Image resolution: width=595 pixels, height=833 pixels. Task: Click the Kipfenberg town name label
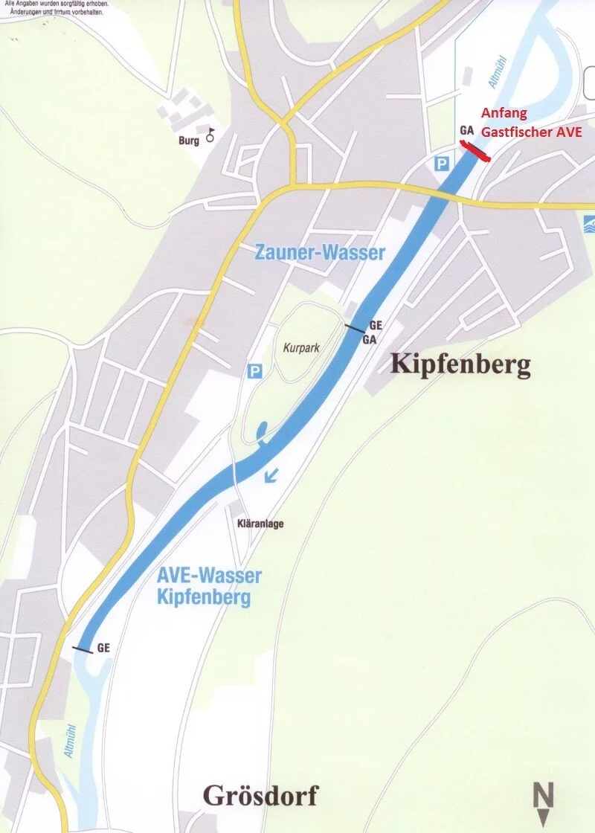click(460, 364)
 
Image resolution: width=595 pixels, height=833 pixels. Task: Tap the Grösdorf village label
click(260, 797)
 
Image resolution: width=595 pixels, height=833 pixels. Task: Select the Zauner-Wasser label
click(320, 253)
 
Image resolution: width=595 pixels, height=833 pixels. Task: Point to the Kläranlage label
click(260, 524)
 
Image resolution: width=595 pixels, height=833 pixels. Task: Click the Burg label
click(189, 141)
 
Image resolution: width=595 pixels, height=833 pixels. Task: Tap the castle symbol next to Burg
click(210, 135)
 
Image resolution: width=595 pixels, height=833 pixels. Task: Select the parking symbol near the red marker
click(443, 164)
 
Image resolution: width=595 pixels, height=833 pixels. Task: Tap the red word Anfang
click(504, 114)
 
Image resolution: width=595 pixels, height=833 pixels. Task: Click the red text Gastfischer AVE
click(530, 132)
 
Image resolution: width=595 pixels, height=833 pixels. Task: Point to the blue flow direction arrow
click(272, 474)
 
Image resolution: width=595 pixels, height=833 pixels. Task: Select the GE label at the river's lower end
click(103, 647)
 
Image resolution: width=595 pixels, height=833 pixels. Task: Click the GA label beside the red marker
click(466, 130)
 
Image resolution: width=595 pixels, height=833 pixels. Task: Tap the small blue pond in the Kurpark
click(262, 431)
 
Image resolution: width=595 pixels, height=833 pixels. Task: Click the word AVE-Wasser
click(209, 575)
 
